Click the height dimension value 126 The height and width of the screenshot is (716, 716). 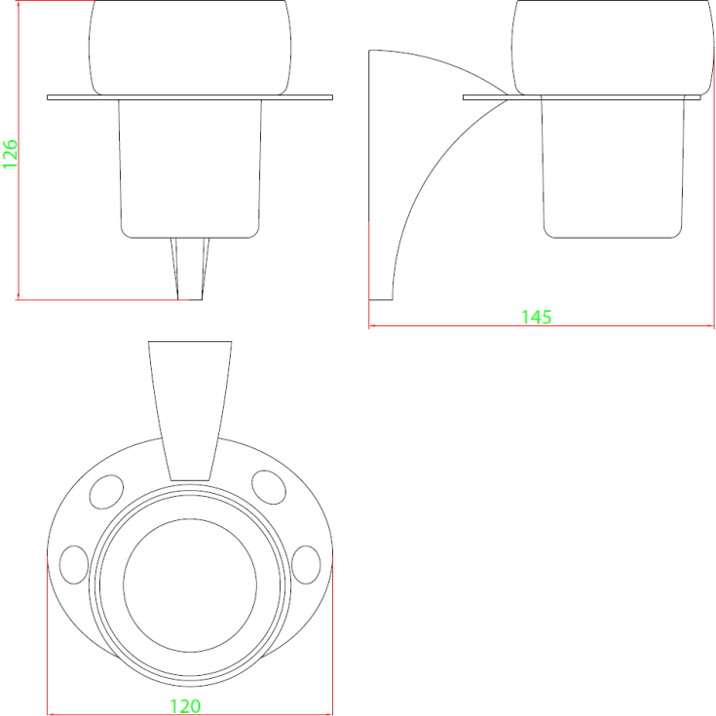[x=10, y=154]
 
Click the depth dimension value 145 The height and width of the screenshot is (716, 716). [x=536, y=317]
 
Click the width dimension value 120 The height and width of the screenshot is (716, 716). [x=185, y=706]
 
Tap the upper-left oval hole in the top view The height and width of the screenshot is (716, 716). [x=106, y=492]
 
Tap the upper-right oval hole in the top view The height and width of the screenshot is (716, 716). [x=269, y=487]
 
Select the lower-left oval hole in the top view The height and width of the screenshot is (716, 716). [x=74, y=564]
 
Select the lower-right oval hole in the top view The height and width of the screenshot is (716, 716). [x=306, y=564]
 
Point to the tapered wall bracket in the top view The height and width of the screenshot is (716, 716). [x=190, y=411]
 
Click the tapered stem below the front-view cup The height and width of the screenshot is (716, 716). [x=190, y=269]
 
